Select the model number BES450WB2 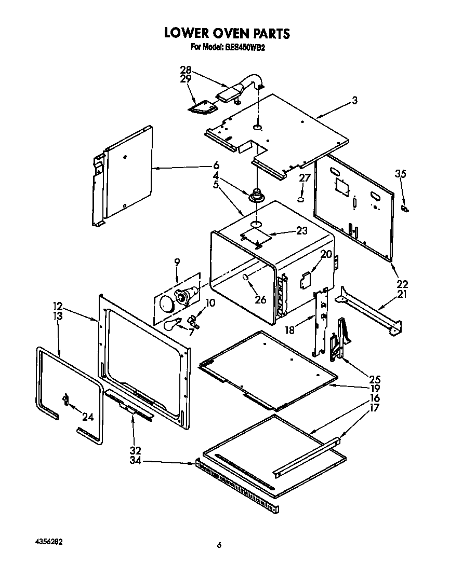[246, 47]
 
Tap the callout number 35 [400, 174]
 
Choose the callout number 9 [177, 263]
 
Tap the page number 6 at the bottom [219, 545]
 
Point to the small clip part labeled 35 [405, 208]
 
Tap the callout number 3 [354, 101]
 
